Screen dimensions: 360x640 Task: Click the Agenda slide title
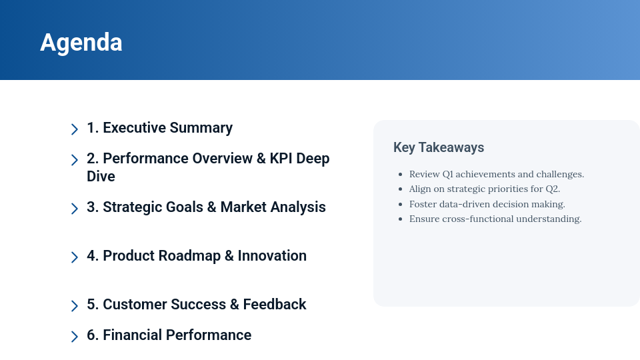[x=81, y=43]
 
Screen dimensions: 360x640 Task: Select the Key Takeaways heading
[x=439, y=147]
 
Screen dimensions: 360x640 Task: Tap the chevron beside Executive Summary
[x=75, y=129]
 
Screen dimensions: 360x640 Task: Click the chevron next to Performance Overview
[x=75, y=160]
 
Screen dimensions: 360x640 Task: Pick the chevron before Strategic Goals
[x=75, y=209]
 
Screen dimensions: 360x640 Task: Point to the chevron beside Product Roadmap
[x=75, y=257]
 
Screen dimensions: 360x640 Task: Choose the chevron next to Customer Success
[x=75, y=306]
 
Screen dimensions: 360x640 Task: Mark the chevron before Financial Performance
[x=75, y=337]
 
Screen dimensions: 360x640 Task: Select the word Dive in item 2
[x=101, y=177]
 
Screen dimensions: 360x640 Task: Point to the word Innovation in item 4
[x=272, y=256]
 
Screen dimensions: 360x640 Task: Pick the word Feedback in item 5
[x=274, y=305]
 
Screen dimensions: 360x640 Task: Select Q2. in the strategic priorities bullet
[x=553, y=189]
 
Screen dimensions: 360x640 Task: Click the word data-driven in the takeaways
[x=464, y=204]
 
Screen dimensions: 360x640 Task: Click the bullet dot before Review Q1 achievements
[x=400, y=175]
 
